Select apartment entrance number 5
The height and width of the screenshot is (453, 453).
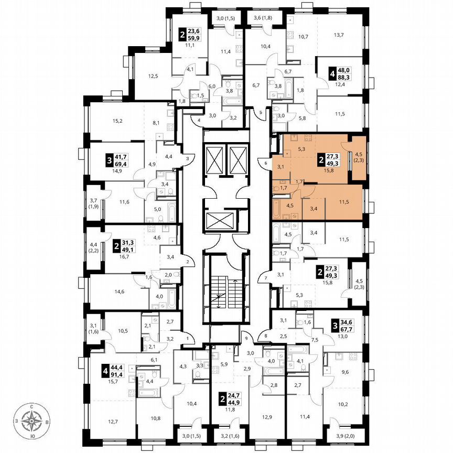tap(261, 111)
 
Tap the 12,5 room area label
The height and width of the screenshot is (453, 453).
tap(153, 77)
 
